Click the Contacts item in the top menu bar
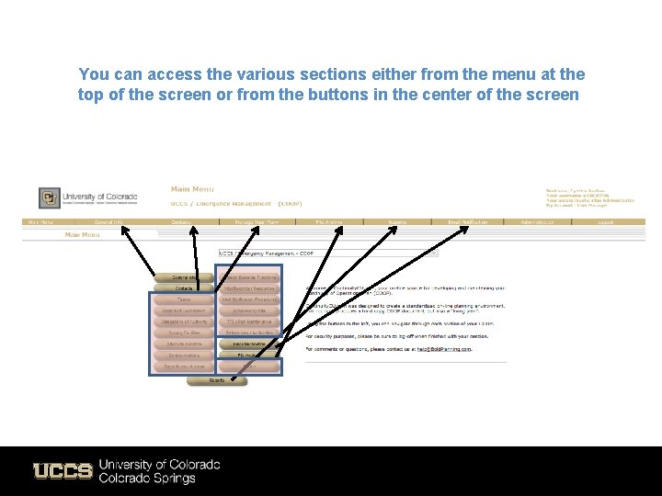point(181,221)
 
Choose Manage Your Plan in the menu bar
point(256,221)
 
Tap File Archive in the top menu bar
point(329,221)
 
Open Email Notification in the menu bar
point(468,221)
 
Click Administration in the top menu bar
point(539,221)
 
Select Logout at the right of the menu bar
point(604,221)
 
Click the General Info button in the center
point(184,276)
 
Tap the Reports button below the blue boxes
point(217,379)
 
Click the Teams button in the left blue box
point(184,299)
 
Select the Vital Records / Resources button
point(249,287)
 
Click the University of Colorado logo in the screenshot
point(88,197)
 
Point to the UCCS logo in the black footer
point(63,471)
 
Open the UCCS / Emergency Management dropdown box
point(268,253)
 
